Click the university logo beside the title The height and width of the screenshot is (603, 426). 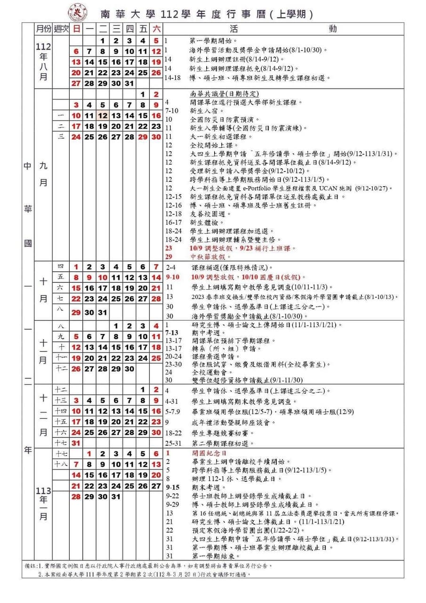[77, 11]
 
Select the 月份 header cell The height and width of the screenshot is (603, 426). [43, 28]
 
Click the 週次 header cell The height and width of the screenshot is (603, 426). [61, 28]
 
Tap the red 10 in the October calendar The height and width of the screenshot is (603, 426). [103, 277]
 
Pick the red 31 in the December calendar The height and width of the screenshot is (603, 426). [76, 443]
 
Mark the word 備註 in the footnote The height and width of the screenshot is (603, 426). [30, 565]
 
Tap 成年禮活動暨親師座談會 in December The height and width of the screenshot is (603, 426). [233, 423]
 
